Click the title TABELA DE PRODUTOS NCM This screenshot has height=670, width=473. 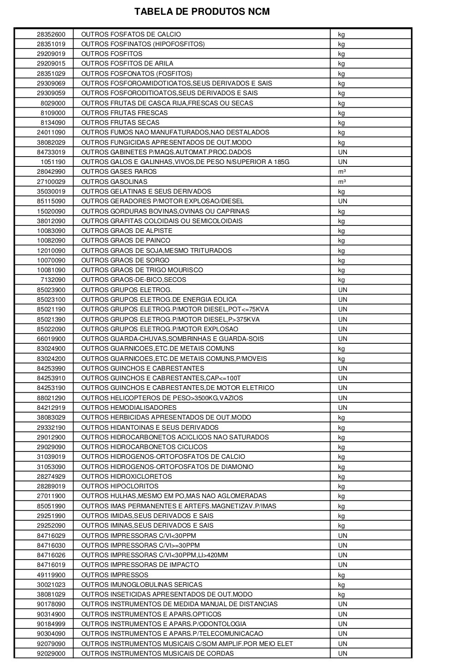click(x=202, y=12)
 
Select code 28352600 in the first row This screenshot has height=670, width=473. click(x=51, y=34)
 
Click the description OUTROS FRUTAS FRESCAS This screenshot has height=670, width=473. click(x=124, y=113)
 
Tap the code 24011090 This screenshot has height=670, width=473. click(x=51, y=133)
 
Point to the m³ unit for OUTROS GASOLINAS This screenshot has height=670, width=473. click(x=342, y=182)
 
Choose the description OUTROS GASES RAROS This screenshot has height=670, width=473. click(x=119, y=172)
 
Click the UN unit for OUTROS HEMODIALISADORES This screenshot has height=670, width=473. click(x=342, y=408)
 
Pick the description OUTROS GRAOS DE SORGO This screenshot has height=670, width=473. click(x=125, y=260)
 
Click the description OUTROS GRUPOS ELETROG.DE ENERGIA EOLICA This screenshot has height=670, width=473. click(x=159, y=299)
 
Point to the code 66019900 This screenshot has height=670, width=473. click(x=51, y=339)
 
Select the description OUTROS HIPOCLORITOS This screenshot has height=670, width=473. click(x=120, y=486)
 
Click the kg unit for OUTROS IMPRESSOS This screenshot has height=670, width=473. click(x=341, y=575)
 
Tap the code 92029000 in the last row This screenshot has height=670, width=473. click(x=51, y=653)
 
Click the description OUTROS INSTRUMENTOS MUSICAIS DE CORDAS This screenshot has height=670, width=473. click(x=157, y=653)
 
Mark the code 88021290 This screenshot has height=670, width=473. click(x=51, y=398)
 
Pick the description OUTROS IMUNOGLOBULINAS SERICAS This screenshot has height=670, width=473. click(x=142, y=585)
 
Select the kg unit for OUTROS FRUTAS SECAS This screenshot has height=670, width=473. click(x=341, y=123)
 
